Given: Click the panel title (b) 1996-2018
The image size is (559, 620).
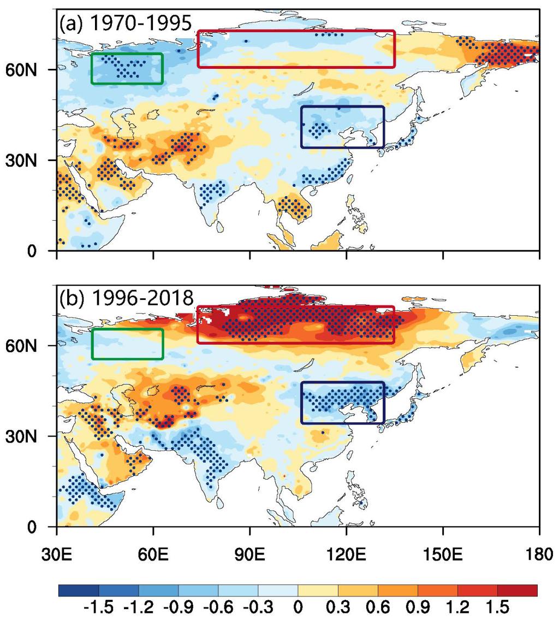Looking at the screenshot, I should click(126, 300).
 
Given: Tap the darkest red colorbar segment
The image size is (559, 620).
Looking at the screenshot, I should click(517, 590).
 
